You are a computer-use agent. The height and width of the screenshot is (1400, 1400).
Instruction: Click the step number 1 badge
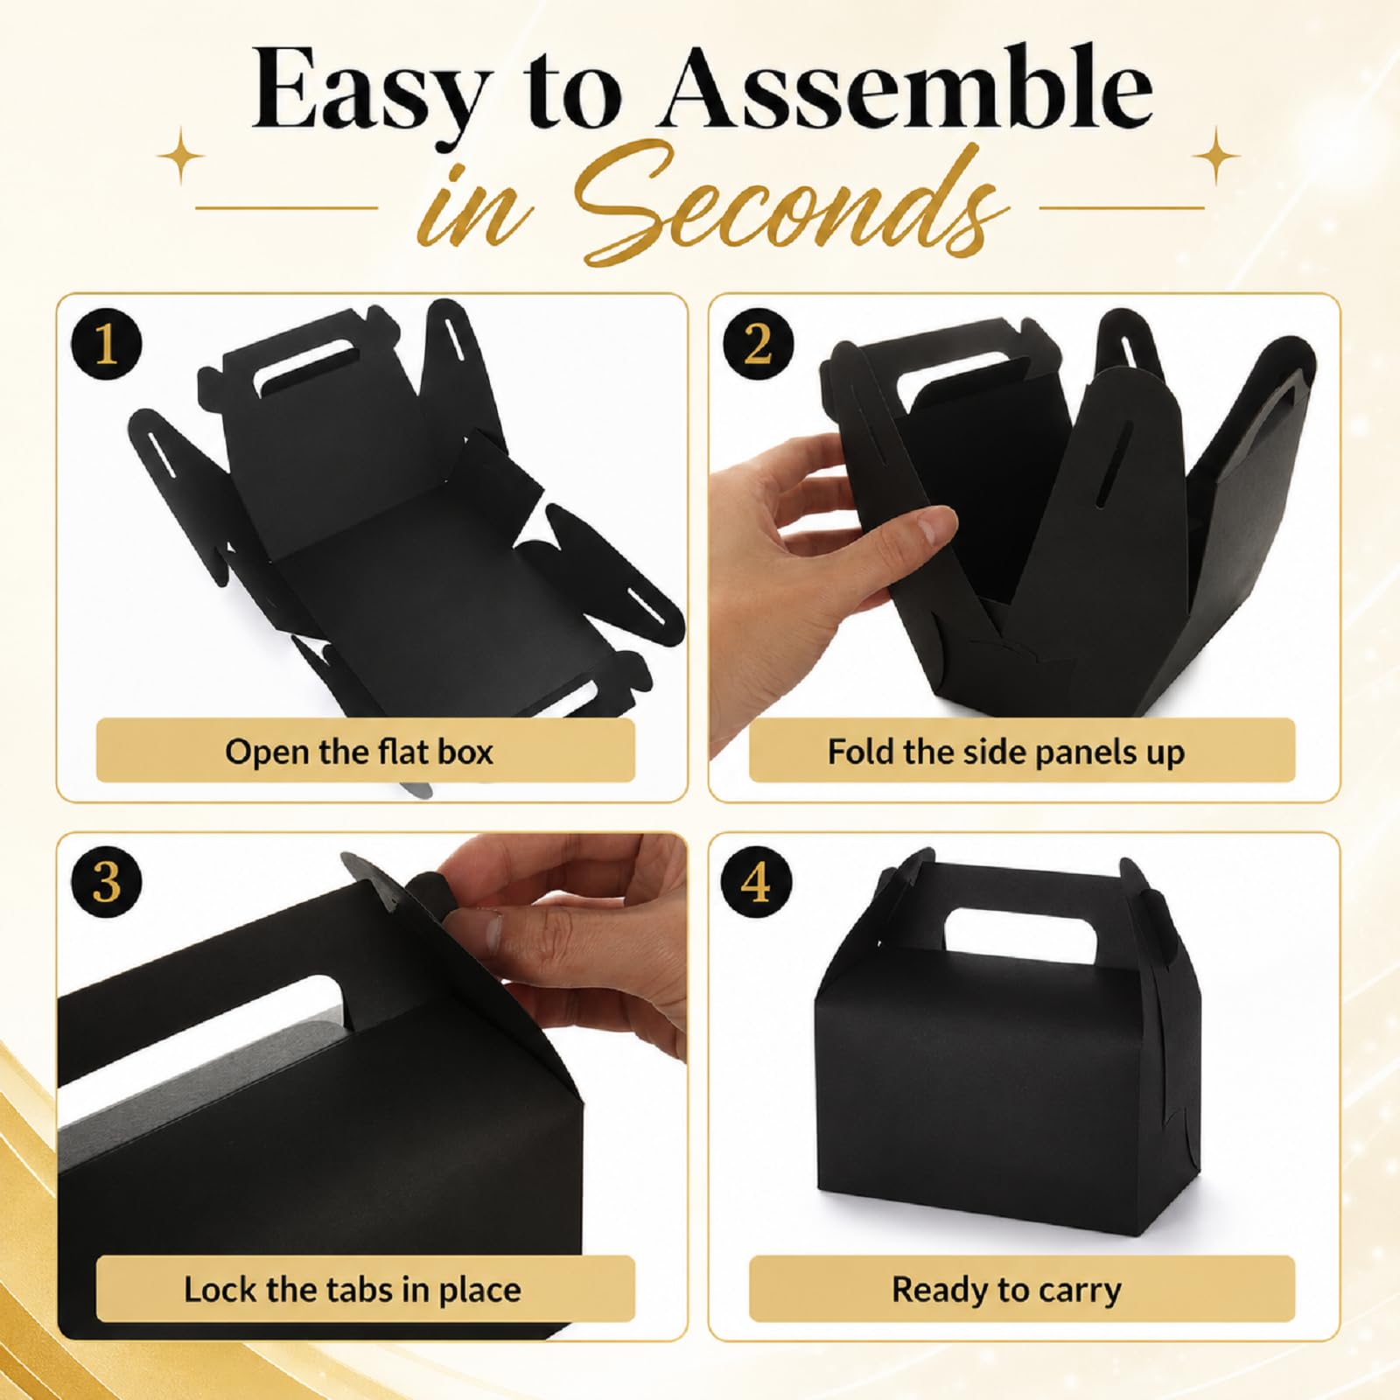pos(106,344)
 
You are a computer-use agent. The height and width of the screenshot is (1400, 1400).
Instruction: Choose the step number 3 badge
pos(106,881)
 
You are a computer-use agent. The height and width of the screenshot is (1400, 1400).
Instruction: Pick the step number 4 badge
pos(756,881)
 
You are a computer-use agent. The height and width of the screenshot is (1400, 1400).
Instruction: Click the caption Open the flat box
pos(359,752)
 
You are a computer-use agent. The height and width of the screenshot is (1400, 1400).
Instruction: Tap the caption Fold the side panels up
pos(1006,752)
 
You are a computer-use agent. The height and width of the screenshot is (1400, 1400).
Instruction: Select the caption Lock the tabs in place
pos(353,1290)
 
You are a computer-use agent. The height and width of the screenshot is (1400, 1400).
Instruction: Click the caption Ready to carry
pos(1006,1291)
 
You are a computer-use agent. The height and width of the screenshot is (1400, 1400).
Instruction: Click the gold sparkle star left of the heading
pos(182,157)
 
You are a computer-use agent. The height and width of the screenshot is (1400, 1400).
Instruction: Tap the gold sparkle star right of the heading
pos(1216,156)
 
